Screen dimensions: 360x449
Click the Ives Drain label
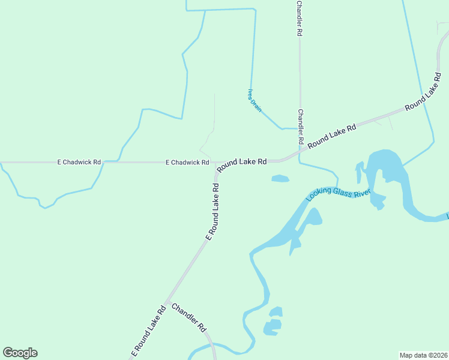pyautogui.click(x=255, y=100)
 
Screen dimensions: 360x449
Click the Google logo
pyautogui.click(x=20, y=353)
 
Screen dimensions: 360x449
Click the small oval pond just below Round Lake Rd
pyautogui.click(x=280, y=178)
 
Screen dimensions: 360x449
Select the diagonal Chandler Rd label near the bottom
pyautogui.click(x=189, y=318)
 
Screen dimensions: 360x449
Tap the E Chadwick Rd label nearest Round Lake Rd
pyautogui.click(x=187, y=162)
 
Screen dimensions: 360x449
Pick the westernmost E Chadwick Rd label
pyautogui.click(x=79, y=162)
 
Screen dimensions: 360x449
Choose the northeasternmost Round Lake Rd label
pyautogui.click(x=424, y=91)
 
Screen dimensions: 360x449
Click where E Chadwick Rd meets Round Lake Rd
pyautogui.click(x=215, y=163)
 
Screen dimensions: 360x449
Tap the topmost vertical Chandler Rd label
pyautogui.click(x=298, y=19)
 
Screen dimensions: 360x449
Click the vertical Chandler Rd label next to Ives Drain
pyautogui.click(x=300, y=125)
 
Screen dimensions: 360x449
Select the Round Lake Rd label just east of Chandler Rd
pyautogui.click(x=332, y=136)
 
